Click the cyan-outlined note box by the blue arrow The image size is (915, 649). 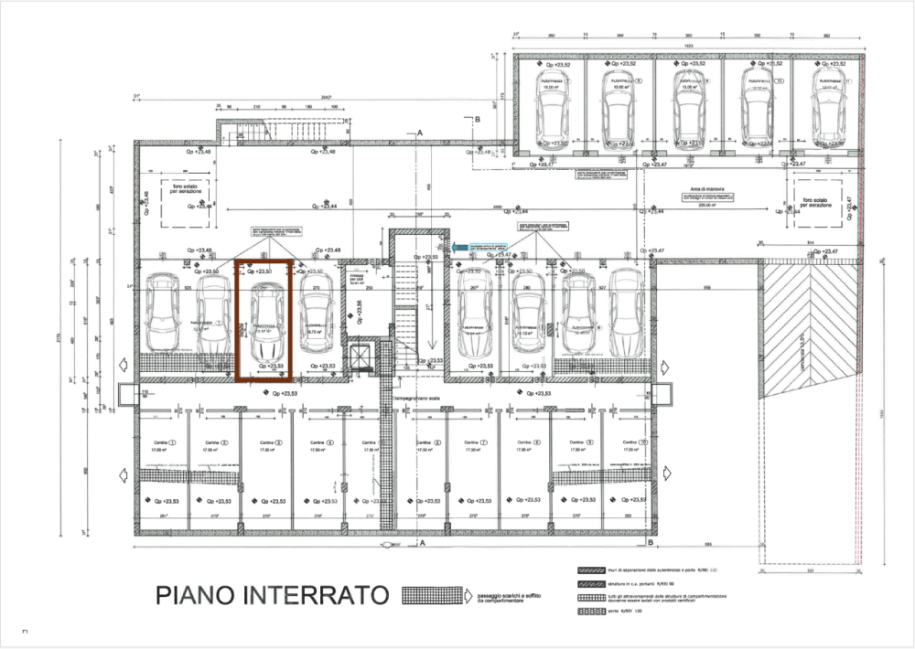click(x=494, y=247)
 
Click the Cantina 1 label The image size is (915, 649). click(x=162, y=442)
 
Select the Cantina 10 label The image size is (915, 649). click(x=632, y=442)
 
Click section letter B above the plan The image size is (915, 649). click(x=477, y=120)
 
